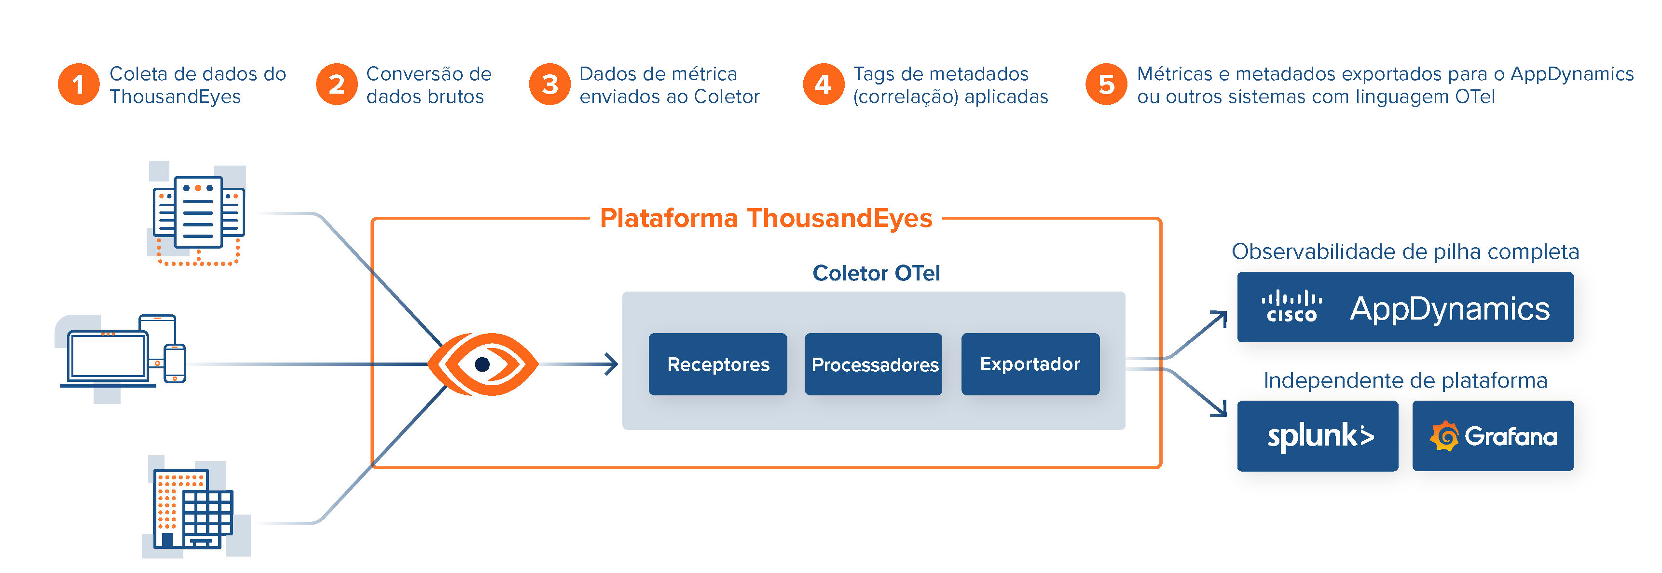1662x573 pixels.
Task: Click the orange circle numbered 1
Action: coord(79,84)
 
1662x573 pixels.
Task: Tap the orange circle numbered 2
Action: coord(336,84)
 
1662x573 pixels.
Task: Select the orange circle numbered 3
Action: coord(549,84)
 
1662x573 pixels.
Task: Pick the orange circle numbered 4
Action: coord(823,84)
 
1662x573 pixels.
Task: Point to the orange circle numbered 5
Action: coord(1107,84)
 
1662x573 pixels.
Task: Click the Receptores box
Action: coord(717,364)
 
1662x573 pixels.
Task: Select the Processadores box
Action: coord(874,364)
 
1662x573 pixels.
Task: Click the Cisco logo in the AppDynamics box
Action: coord(1291,307)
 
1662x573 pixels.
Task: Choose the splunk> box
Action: coord(1318,436)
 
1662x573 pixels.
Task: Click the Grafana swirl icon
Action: coord(1444,436)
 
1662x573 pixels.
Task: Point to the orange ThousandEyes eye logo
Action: coord(482,364)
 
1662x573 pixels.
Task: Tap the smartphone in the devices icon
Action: coord(174,363)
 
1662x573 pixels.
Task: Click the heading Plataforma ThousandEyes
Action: coord(766,218)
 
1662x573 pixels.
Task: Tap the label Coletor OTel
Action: coord(876,273)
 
